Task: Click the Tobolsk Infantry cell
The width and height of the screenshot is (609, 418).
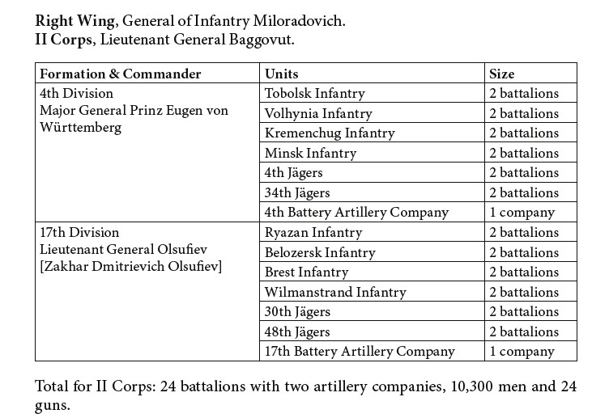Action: [372, 93]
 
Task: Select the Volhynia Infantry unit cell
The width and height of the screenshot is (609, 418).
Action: [372, 113]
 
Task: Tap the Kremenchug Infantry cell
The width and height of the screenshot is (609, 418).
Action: [372, 133]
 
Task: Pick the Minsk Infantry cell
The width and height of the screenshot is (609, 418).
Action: [372, 152]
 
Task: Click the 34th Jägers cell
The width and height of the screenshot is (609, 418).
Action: [372, 192]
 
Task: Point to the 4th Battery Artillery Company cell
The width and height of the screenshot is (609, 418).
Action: [372, 212]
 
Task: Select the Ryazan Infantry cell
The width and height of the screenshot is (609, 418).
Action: [372, 232]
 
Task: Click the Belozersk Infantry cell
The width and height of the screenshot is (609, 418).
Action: [372, 252]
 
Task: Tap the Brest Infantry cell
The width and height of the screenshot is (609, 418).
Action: [372, 272]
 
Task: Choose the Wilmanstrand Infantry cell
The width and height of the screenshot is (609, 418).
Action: [372, 292]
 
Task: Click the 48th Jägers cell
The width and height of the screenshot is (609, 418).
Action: [372, 331]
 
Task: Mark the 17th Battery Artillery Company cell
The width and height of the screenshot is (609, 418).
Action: [372, 351]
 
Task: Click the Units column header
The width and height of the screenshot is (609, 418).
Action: [372, 73]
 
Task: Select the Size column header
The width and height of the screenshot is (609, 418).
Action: [530, 73]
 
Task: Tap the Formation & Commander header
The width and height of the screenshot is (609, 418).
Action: [147, 73]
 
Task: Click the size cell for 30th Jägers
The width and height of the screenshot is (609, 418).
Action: [530, 311]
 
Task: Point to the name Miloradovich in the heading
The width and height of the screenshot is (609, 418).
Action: [299, 21]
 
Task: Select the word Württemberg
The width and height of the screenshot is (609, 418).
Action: [80, 128]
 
